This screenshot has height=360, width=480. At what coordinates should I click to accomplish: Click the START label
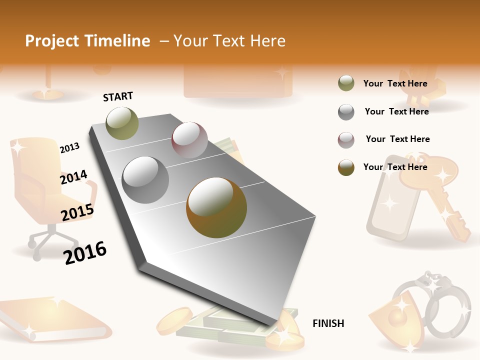pos(118,96)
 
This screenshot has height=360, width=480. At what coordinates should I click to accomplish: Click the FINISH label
pos(328,323)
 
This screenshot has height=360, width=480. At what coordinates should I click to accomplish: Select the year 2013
pos(69,147)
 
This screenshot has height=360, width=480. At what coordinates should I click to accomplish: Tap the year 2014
pos(73,177)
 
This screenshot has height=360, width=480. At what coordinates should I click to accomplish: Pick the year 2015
pos(77,212)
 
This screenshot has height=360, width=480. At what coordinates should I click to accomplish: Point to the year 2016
pos(85,253)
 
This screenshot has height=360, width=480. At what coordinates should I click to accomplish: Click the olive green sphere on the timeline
pos(122,123)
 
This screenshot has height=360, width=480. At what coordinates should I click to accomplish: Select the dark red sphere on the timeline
pos(189,140)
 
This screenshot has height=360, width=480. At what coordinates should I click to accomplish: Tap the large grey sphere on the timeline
pos(145,180)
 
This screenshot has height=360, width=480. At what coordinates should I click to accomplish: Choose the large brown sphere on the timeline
pos(216,207)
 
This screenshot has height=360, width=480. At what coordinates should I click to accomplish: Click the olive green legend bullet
pos(346,83)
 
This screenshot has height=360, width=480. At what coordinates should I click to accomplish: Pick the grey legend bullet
pos(346,112)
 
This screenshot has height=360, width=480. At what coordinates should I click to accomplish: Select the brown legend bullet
pos(346,167)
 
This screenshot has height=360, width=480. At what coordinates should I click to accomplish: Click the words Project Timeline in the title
pos(87,41)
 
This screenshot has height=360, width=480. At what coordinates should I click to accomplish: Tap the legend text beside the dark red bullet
pos(397,139)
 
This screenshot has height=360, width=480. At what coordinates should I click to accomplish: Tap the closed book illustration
pos(52,320)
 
